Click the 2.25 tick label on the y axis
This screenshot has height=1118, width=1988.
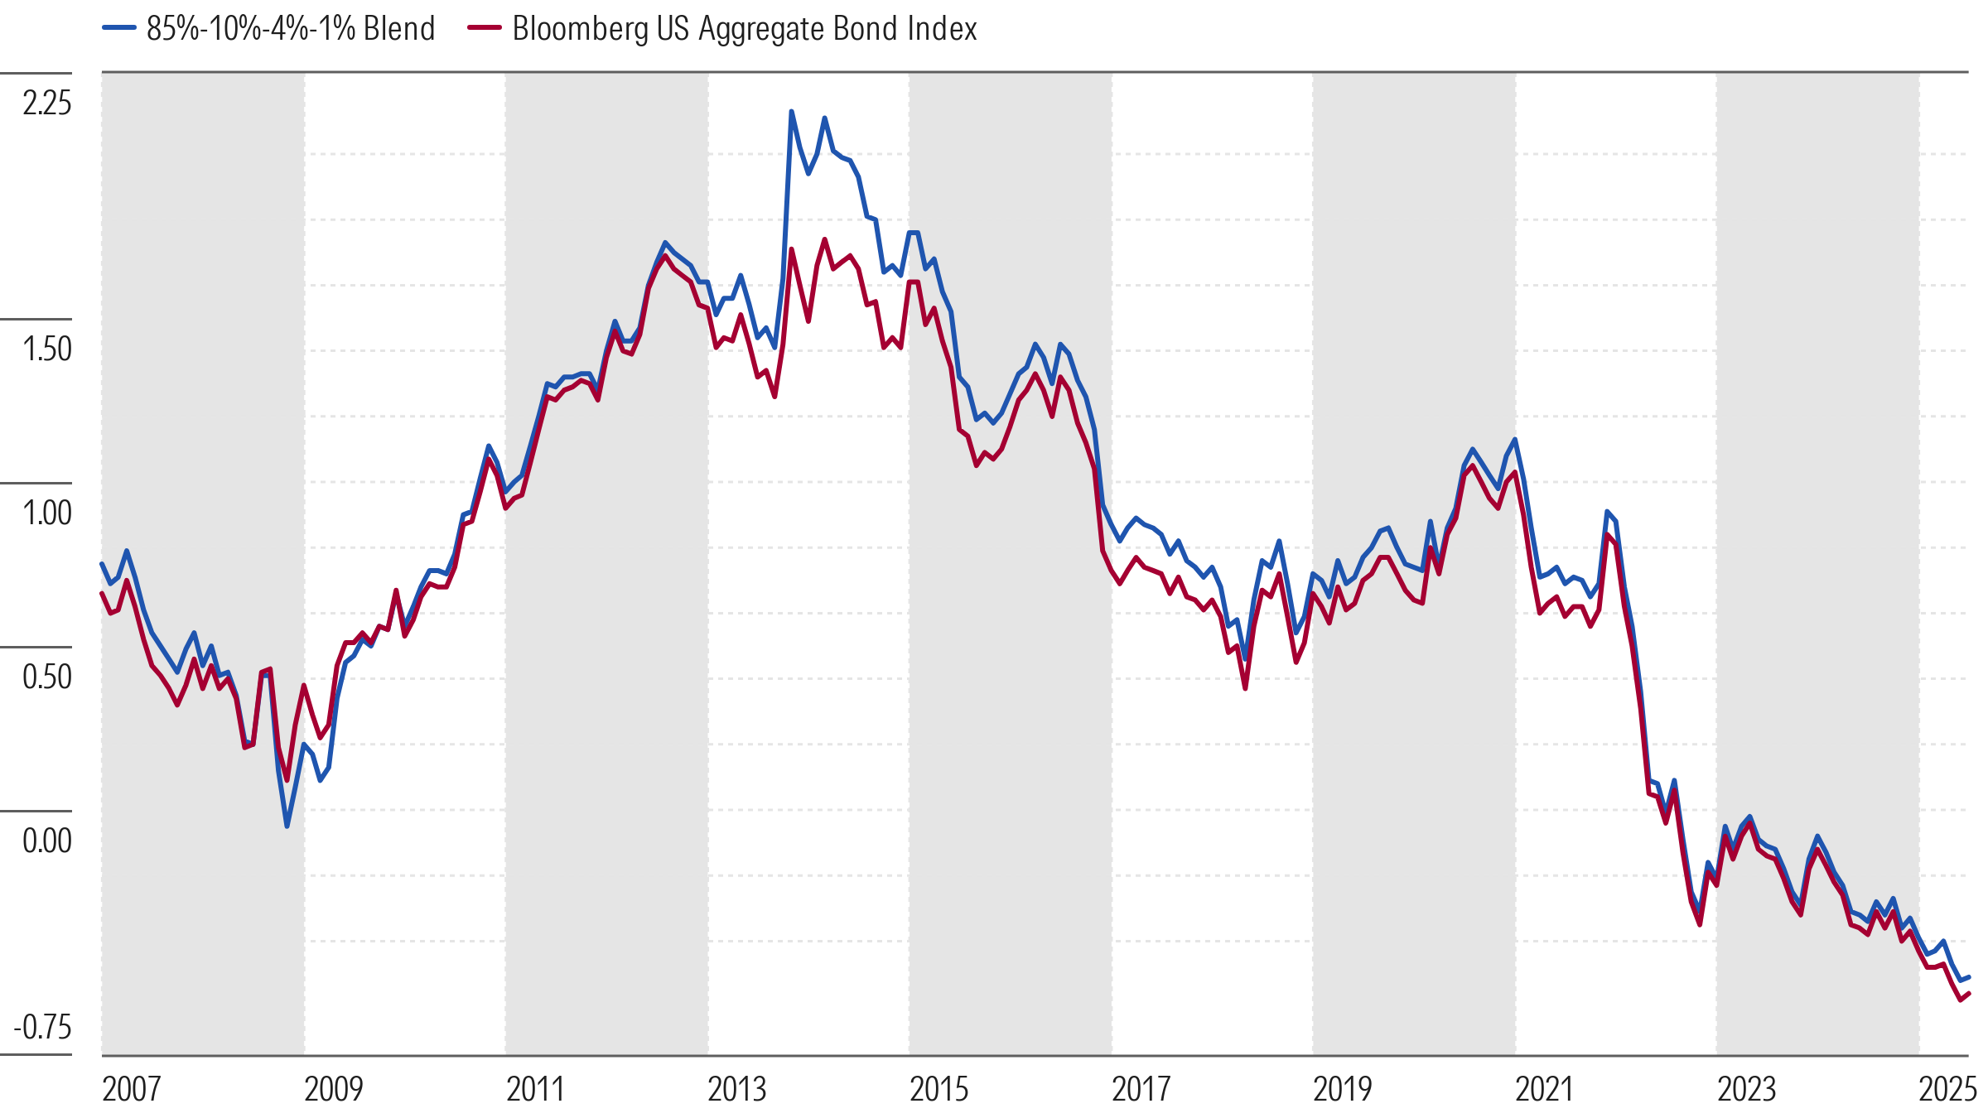tap(47, 104)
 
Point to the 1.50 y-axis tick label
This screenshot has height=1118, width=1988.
tap(47, 349)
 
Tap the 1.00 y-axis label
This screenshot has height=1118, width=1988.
tap(47, 513)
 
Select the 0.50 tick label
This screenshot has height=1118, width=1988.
tap(47, 677)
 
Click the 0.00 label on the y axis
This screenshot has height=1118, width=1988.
tap(47, 841)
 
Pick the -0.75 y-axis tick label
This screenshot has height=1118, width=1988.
tap(43, 1028)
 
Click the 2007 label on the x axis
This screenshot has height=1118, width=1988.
tap(131, 1089)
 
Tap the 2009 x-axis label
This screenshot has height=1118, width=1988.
tap(333, 1089)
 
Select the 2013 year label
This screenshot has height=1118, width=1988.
tap(736, 1089)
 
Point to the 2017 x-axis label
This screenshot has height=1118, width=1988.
tap(1141, 1089)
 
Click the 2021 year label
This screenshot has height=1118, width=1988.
tap(1544, 1089)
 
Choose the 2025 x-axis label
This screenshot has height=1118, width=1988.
tap(1947, 1089)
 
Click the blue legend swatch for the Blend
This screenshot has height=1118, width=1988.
tap(118, 28)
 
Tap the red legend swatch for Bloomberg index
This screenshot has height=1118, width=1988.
tap(485, 28)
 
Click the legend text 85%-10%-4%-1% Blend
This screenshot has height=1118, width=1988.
tap(291, 29)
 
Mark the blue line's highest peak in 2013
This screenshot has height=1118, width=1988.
tap(791, 112)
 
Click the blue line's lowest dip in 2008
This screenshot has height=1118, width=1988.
tap(287, 826)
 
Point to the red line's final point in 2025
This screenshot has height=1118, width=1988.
tap(1968, 993)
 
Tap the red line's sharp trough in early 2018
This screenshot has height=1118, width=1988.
tap(1245, 688)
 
